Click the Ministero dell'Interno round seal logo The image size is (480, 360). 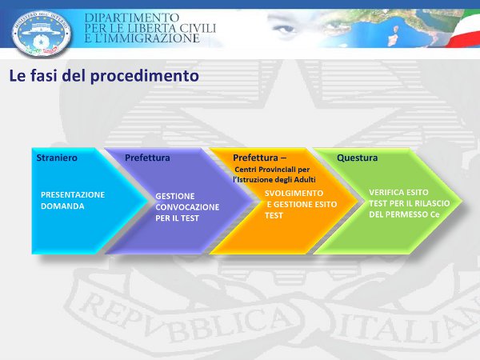point(42,33)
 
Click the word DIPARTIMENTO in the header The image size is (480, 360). point(132,18)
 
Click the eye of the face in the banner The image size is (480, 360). point(284,29)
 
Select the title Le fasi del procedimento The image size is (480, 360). point(104,76)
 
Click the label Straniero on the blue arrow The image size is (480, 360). point(57,158)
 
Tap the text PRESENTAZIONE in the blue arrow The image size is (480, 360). point(73,194)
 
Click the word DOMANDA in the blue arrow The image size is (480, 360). point(62,206)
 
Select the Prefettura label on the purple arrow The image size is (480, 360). point(147,158)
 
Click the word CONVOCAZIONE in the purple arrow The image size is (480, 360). point(187,207)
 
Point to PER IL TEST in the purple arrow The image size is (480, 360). point(178,218)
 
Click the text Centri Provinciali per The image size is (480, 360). point(272,170)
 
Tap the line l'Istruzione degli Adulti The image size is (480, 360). point(274,180)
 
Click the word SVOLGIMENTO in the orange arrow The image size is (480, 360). point(294,193)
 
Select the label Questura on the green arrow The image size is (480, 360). point(358,158)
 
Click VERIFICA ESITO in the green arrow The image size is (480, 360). point(398,192)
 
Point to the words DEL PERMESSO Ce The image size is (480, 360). point(404,214)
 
